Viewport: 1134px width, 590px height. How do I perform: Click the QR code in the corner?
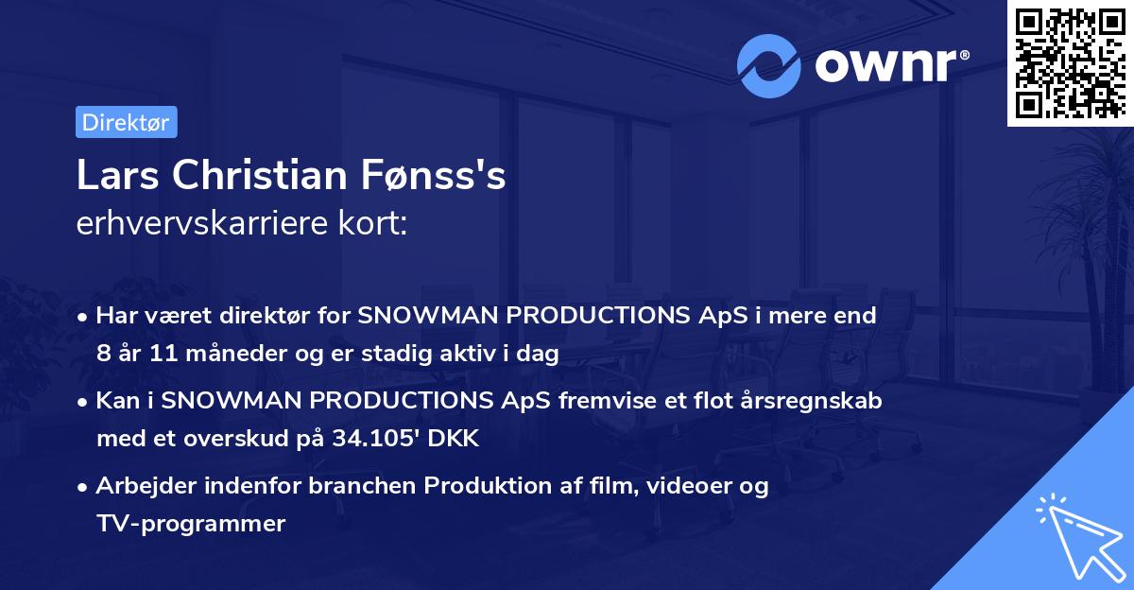[x=1071, y=62]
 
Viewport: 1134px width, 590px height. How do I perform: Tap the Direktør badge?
[x=126, y=122]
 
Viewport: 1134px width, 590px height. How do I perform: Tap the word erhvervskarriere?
[x=197, y=224]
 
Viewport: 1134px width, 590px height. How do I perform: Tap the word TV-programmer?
[x=190, y=523]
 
